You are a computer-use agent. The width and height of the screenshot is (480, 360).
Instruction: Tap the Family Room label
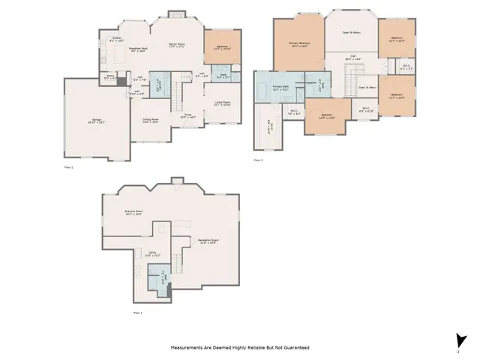176,45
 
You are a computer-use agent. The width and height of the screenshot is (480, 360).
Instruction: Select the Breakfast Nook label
136,49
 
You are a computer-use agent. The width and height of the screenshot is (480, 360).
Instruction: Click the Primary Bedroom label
299,43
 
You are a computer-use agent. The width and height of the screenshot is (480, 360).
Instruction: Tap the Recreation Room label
208,241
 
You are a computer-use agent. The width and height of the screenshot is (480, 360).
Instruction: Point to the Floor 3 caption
258,159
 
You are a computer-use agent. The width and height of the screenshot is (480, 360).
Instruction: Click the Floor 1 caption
137,312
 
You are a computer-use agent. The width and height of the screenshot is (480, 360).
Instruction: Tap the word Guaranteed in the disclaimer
292,348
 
